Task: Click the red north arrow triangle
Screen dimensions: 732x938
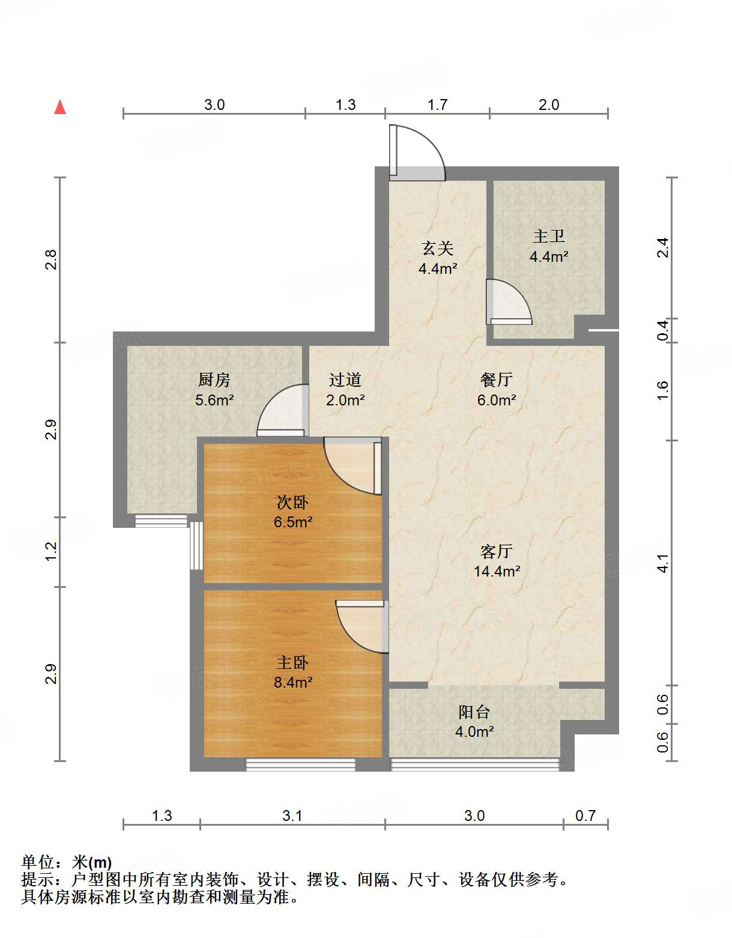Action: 60,107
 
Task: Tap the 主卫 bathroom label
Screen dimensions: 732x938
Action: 549,236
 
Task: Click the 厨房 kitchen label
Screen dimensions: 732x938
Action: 214,380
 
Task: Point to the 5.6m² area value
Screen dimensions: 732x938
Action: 214,400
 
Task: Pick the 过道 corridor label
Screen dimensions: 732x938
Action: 345,380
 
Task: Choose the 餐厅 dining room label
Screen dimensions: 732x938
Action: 497,380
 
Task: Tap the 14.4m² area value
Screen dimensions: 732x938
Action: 497,572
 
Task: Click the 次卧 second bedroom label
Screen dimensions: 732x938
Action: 292,502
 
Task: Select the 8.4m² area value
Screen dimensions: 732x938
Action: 293,682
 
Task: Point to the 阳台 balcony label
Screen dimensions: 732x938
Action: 474,712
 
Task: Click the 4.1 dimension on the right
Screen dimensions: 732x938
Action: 663,563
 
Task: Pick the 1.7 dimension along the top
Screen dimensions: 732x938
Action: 437,105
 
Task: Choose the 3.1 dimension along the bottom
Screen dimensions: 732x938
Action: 292,816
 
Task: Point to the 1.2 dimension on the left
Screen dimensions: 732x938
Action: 51,552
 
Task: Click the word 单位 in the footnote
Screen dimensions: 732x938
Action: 38,862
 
